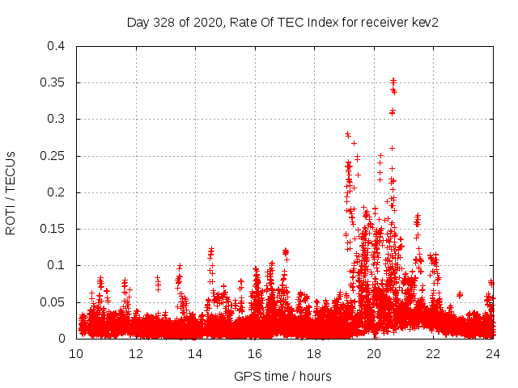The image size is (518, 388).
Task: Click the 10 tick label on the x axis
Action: (x=76, y=353)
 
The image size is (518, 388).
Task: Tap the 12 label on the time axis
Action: (x=136, y=353)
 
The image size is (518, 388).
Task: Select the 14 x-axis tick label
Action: (x=195, y=353)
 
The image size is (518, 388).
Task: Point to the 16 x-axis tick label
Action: (x=255, y=353)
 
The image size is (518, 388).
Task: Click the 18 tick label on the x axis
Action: (x=314, y=353)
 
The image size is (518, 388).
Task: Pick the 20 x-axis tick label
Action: (x=374, y=353)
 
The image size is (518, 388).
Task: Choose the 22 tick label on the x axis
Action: (x=433, y=353)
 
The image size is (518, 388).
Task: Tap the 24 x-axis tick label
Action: (x=493, y=353)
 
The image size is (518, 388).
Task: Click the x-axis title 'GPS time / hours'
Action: (x=284, y=376)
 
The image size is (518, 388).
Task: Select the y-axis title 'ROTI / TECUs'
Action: (x=11, y=192)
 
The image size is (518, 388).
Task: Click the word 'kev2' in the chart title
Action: (x=425, y=22)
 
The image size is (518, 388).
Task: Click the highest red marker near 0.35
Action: (x=393, y=80)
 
